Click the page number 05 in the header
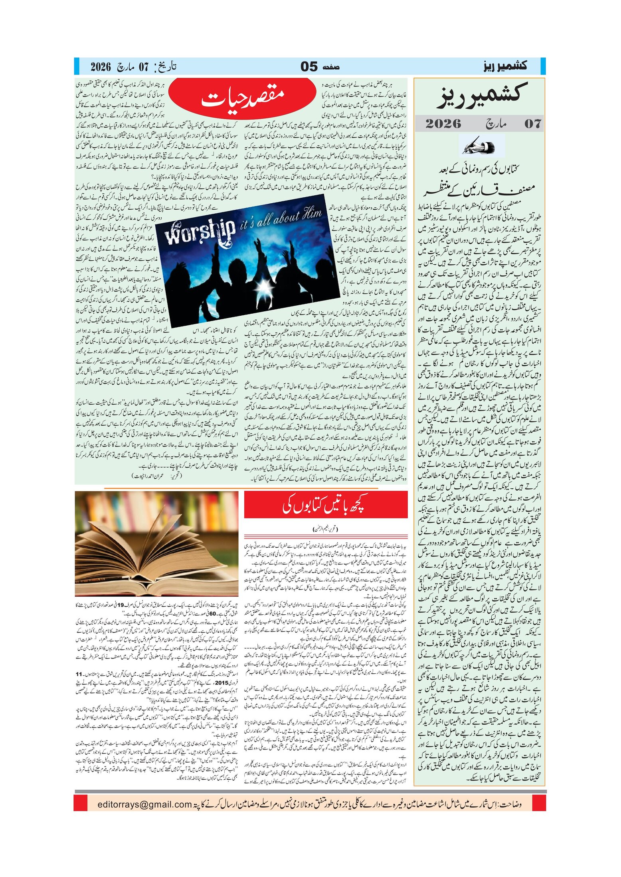click(309, 66)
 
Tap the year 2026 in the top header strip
click(101, 67)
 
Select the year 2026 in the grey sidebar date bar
click(443, 124)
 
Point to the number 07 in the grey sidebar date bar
click(532, 124)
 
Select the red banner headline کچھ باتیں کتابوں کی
click(326, 505)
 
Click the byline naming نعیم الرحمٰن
click(326, 529)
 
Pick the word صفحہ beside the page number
click(331, 67)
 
